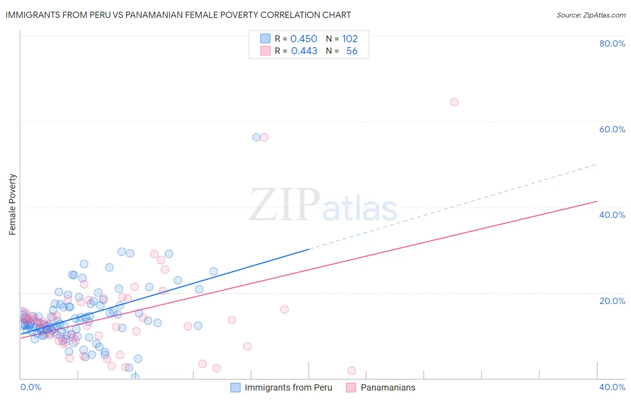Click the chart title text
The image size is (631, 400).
click(178, 15)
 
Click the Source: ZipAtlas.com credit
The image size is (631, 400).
click(591, 15)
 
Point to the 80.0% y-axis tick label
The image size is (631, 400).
click(612, 43)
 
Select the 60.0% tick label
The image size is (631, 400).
click(612, 129)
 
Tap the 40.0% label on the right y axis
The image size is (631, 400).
click(612, 215)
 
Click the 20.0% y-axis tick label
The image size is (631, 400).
click(612, 301)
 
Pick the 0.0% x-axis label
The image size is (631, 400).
click(31, 387)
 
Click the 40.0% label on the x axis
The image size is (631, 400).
click(612, 387)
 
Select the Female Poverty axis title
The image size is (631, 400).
click(13, 204)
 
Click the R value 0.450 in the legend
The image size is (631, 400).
click(304, 39)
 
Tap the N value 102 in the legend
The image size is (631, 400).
click(350, 39)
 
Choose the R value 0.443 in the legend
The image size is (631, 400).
click(304, 51)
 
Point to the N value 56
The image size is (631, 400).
click(352, 51)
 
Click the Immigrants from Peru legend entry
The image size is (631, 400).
click(288, 387)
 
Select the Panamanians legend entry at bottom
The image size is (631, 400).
click(388, 387)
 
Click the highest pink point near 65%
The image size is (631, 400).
click(454, 102)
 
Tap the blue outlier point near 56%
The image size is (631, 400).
click(256, 137)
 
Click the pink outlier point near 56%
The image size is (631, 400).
click(264, 137)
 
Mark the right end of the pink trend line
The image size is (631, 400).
click(597, 201)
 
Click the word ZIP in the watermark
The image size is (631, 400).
click(285, 205)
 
